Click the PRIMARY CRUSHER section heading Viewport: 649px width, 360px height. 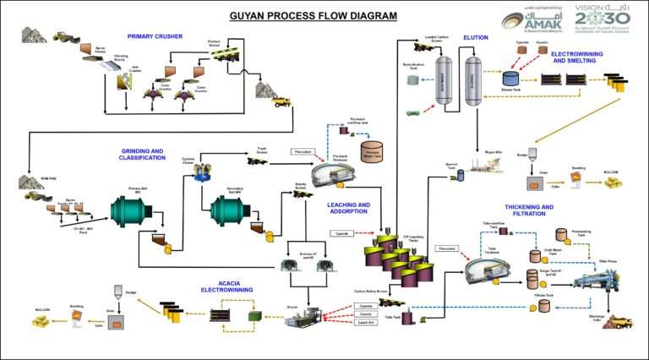pos(155,36)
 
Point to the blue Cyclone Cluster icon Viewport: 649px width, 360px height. pos(203,173)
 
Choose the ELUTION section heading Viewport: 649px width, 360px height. pos(476,38)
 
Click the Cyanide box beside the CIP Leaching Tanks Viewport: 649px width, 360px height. pos(341,231)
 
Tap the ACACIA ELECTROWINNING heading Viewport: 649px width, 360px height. pos(221,286)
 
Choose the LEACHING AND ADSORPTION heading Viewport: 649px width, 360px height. pos(348,208)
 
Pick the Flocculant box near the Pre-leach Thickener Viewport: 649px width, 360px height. pos(303,151)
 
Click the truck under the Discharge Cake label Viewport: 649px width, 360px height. pos(621,322)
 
